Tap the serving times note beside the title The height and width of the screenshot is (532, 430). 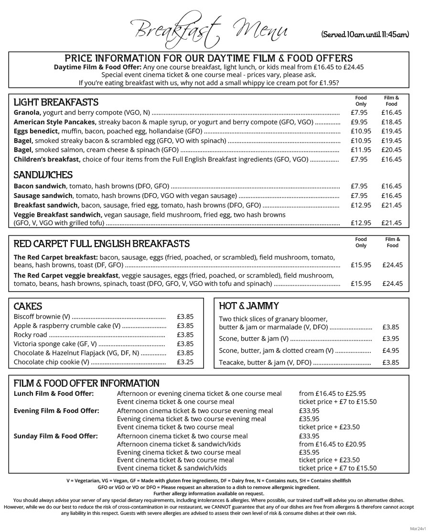tap(365, 34)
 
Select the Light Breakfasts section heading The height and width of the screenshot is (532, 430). tap(56, 102)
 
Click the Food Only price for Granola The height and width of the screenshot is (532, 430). tap(359, 113)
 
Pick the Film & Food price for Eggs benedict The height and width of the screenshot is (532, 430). tap(391, 131)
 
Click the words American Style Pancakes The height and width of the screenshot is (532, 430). tap(55, 122)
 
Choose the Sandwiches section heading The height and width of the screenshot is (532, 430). tap(43, 175)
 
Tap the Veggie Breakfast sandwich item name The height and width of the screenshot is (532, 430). tap(58, 215)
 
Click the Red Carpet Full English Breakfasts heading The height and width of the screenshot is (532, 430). tap(101, 244)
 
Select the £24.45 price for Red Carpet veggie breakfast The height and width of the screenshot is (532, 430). tap(392, 283)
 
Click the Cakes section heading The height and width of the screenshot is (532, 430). tap(28, 306)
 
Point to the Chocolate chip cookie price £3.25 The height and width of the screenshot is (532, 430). tap(185, 362)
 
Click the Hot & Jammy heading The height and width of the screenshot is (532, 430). tap(248, 306)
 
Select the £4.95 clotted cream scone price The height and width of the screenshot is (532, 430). tap(390, 350)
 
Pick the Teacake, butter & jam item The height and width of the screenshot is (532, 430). tap(265, 362)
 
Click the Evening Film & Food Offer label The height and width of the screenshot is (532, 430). tap(56, 411)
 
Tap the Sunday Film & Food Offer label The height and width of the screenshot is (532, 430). tap(55, 436)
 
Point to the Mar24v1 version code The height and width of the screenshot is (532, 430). tap(419, 528)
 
